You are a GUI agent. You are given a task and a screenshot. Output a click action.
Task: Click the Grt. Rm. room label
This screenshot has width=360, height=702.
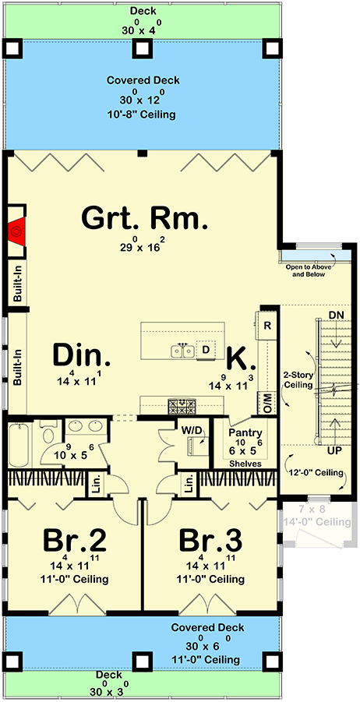(x=144, y=218)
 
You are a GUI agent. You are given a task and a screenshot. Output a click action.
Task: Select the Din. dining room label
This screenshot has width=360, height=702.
(x=81, y=356)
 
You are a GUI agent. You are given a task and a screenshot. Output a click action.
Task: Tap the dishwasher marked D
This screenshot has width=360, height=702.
(x=206, y=350)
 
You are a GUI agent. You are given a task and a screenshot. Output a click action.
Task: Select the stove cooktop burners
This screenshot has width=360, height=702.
(x=182, y=405)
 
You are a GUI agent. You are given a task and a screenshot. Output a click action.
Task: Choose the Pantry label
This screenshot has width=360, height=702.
(x=245, y=433)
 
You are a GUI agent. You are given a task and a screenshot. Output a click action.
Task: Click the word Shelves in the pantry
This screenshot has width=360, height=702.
(x=245, y=464)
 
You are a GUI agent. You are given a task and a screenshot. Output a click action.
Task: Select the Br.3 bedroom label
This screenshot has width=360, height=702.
(x=210, y=540)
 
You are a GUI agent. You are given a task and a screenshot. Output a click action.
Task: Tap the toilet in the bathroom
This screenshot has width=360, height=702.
(x=48, y=436)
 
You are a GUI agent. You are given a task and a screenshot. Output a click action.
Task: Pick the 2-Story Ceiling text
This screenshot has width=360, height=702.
(x=298, y=379)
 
